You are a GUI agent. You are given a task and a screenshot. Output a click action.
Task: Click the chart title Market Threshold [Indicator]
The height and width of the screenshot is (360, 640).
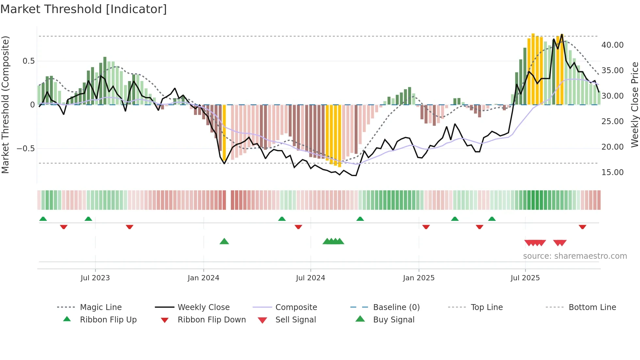click(84, 9)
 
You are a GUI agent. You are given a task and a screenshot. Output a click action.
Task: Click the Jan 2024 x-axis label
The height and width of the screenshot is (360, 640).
click(203, 278)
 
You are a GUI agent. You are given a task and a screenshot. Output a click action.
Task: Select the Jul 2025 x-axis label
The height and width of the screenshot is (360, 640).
click(525, 278)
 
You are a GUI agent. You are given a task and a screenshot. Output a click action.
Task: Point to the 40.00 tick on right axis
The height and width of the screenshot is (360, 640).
click(612, 45)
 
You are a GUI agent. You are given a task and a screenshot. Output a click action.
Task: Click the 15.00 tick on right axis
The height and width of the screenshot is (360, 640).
click(612, 172)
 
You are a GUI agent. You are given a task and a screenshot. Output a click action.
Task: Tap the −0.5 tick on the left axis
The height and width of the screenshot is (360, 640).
click(26, 149)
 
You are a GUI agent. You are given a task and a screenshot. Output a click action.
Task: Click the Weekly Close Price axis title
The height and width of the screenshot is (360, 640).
click(634, 105)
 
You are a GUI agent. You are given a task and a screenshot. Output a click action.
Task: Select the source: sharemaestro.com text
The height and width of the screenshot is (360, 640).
click(575, 256)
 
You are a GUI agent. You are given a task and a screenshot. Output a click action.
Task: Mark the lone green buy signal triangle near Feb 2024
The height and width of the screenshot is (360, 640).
click(224, 242)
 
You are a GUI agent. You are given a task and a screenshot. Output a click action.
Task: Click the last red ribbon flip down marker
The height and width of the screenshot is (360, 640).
click(583, 227)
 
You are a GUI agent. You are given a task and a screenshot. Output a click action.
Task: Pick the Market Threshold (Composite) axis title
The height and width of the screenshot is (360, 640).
click(5, 105)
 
